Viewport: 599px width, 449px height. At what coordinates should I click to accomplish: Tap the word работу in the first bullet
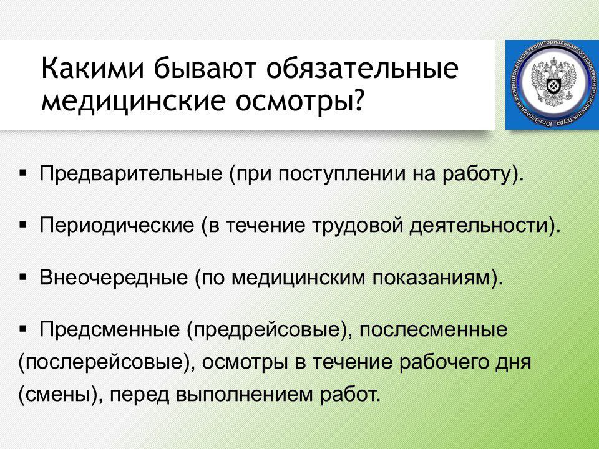[x=477, y=174]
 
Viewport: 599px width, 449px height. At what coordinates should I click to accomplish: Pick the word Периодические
[x=117, y=225]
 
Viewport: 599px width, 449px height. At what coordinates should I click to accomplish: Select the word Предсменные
[x=110, y=329]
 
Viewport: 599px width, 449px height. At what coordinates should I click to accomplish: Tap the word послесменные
[x=433, y=329]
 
